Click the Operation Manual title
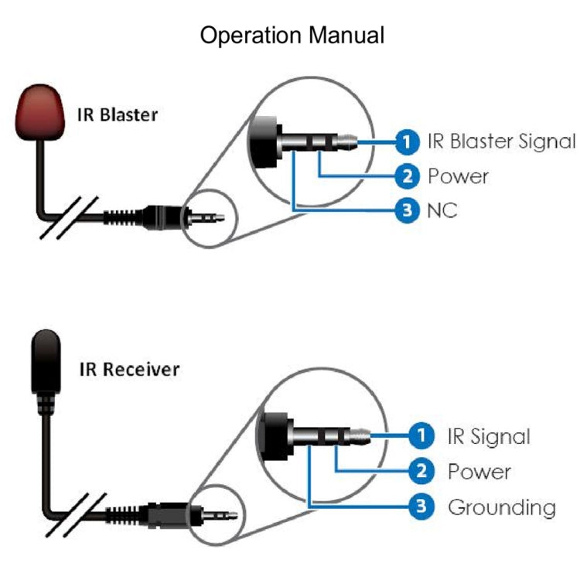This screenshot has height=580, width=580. pos(292,36)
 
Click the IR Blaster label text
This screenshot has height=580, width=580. pos(117,115)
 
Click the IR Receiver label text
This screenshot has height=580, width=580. pos(129,369)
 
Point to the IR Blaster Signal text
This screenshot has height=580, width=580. pos(501,142)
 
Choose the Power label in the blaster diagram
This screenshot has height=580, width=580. pos(458,176)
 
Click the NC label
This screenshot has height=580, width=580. pos(442,210)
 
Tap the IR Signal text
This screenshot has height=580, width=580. pos(489,436)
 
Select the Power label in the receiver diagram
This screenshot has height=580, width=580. pos(479,471)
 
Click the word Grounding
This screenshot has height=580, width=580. pos(501,507)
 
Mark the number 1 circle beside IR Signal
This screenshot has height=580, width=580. pos(421,436)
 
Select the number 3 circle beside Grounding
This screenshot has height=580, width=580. pos(421,507)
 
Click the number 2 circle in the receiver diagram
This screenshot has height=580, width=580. pos(421,471)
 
